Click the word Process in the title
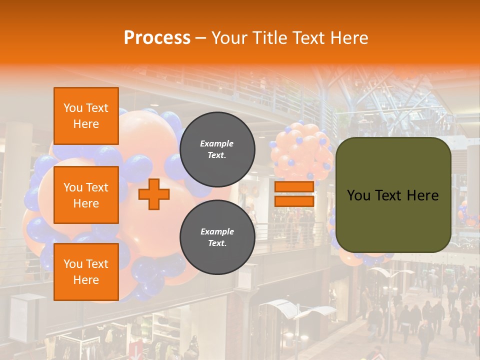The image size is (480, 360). (x=157, y=38)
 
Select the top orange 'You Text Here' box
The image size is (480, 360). (x=86, y=116)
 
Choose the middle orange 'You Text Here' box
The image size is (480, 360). (x=86, y=195)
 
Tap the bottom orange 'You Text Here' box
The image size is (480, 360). (x=86, y=271)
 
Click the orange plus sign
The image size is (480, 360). (x=154, y=194)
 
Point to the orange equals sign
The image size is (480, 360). (x=294, y=194)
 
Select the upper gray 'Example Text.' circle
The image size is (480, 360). (x=217, y=149)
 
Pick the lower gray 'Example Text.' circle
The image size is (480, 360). (x=217, y=237)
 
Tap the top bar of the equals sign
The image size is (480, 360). (x=294, y=187)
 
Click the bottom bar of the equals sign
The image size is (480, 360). (x=294, y=201)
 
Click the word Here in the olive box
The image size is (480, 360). (x=423, y=195)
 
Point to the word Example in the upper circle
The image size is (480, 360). (x=217, y=143)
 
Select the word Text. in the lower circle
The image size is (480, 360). (x=217, y=243)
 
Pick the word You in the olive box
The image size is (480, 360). (x=358, y=195)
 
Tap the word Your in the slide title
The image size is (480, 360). (x=229, y=38)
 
